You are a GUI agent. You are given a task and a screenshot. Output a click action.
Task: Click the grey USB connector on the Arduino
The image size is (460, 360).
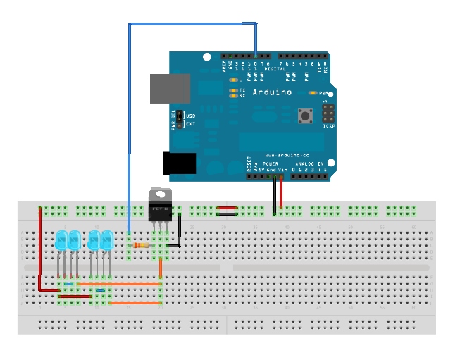(x=170, y=88)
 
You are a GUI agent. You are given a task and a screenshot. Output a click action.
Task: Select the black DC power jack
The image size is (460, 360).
(x=179, y=163)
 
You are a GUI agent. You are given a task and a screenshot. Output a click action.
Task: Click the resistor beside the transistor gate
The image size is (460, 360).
(x=141, y=245)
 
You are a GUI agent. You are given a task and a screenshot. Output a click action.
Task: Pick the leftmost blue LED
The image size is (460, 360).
(x=61, y=240)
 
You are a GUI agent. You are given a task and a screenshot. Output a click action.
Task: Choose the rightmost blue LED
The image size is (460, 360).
(x=107, y=240)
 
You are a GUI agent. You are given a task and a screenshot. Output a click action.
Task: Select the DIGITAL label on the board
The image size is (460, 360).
(x=275, y=69)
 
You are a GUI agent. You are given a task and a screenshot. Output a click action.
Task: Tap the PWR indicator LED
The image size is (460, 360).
(x=313, y=93)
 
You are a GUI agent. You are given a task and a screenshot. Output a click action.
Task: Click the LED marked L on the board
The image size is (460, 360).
(x=232, y=80)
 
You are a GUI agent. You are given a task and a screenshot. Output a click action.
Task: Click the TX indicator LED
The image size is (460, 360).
(x=232, y=90)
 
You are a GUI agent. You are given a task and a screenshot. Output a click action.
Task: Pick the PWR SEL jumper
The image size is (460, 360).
(x=180, y=118)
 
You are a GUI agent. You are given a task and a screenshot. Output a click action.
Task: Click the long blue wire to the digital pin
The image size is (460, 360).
(x=129, y=127)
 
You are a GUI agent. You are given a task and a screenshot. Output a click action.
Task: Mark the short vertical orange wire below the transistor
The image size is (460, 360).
(x=161, y=268)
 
